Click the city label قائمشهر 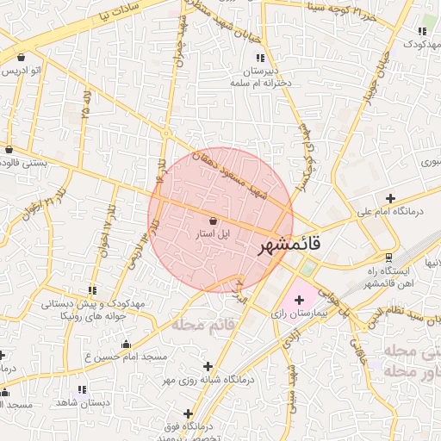[x=290, y=245]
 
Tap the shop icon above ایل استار [x=213, y=220]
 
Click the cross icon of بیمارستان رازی [x=299, y=300]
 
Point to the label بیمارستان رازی [x=302, y=314]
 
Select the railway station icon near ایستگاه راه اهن [x=388, y=257]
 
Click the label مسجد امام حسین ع [x=132, y=356]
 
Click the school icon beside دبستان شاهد [x=82, y=389]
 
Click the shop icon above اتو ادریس [x=20, y=58]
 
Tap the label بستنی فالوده [x=28, y=161]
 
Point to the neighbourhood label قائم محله [x=203, y=324]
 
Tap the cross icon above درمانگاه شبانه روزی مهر [x=207, y=366]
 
